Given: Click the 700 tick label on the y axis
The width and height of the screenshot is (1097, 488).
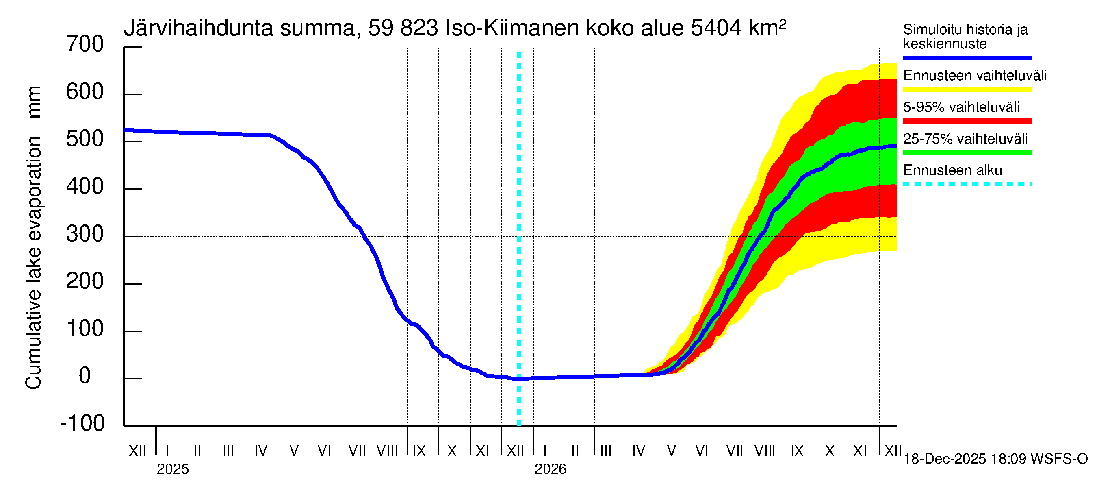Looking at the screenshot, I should pyautogui.click(x=85, y=44).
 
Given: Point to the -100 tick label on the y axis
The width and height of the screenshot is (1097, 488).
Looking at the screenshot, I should pyautogui.click(x=82, y=423).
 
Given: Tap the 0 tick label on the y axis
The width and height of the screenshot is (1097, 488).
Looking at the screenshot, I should pyautogui.click(x=85, y=376).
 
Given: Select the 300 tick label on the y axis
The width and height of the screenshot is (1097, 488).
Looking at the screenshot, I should pyautogui.click(x=85, y=234).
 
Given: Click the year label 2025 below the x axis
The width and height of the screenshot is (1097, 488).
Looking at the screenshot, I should pyautogui.click(x=172, y=469).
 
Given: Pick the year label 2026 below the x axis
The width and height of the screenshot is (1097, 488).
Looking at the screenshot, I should pyautogui.click(x=550, y=469).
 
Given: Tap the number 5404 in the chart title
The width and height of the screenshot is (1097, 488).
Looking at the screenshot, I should pyautogui.click(x=716, y=28).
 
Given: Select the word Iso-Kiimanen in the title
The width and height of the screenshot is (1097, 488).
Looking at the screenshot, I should pyautogui.click(x=512, y=28).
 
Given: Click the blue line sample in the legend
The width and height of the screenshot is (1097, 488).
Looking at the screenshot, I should pyautogui.click(x=967, y=57).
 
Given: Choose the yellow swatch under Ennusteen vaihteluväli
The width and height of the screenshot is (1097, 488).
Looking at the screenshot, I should pyautogui.click(x=967, y=89).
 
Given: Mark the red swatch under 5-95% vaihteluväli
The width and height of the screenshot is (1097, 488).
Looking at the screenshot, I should pyautogui.click(x=967, y=121).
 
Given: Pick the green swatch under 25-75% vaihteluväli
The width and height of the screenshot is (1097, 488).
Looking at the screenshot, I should pyautogui.click(x=967, y=152).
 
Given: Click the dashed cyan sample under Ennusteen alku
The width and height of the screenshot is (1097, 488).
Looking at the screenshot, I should pyautogui.click(x=967, y=185).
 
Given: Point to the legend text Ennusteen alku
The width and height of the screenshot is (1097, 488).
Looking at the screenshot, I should pyautogui.click(x=953, y=170).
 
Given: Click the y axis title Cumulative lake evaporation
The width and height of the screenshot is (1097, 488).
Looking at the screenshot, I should pyautogui.click(x=34, y=262).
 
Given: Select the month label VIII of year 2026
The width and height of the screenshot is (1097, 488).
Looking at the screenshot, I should pyautogui.click(x=765, y=451).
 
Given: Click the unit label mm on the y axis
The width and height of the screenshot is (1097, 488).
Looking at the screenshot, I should pyautogui.click(x=34, y=102).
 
